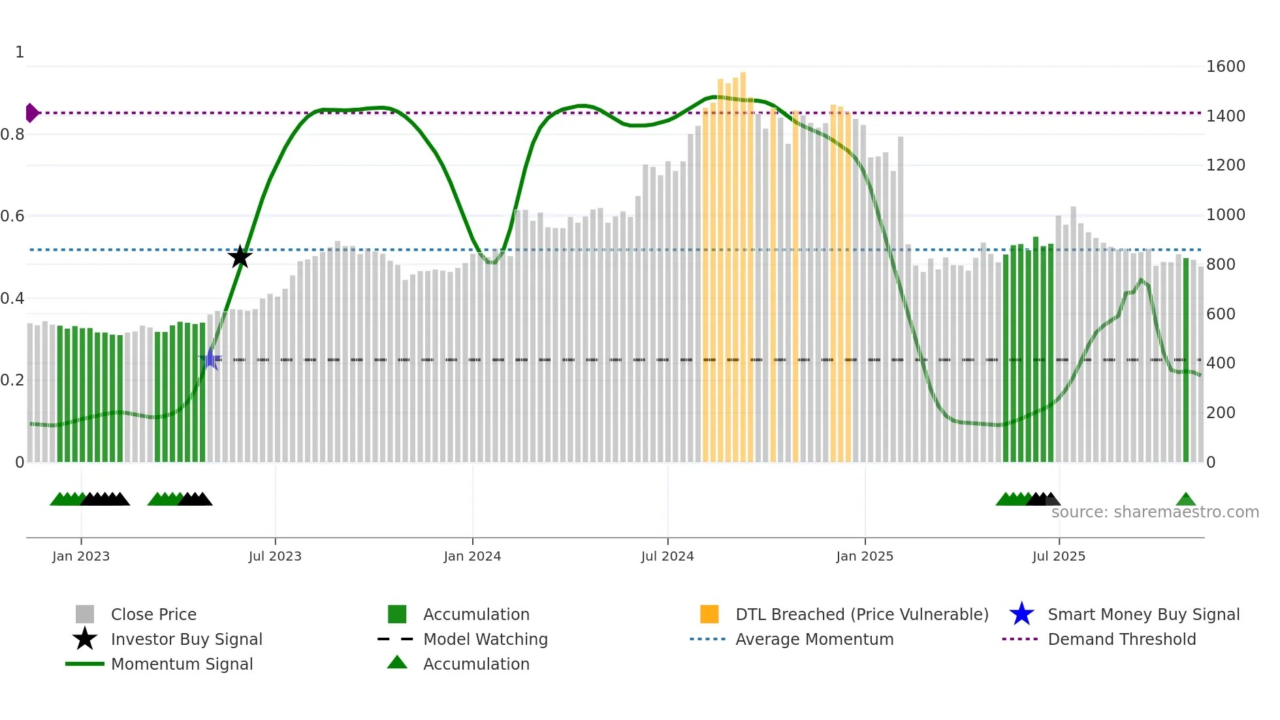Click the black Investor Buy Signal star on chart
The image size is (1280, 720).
(240, 257)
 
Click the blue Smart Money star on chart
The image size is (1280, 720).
(210, 359)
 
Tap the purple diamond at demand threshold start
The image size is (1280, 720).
(31, 113)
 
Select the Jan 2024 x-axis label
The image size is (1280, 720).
(472, 556)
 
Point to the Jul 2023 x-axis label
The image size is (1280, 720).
(275, 556)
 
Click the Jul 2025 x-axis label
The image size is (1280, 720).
(1059, 556)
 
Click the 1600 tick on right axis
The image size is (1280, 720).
(1225, 67)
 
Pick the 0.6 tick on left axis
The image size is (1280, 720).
(12, 216)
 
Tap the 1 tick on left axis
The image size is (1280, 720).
(20, 52)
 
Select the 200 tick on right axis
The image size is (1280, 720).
(1221, 413)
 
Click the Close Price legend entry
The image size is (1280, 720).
(153, 614)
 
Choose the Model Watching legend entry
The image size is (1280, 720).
(485, 639)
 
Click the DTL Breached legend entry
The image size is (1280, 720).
(861, 614)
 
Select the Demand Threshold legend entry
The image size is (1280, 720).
(1121, 639)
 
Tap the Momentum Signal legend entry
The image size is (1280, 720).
(182, 664)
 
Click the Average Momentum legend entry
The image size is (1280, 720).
(814, 639)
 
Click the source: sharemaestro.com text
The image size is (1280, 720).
(1155, 512)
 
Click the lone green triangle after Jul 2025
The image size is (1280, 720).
(1185, 500)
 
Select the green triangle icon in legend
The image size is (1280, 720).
(397, 663)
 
